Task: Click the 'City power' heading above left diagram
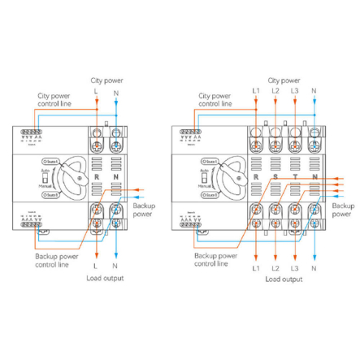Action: pos(106,80)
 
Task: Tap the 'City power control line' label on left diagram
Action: pos(54,100)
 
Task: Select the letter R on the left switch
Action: pos(97,176)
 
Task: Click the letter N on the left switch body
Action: pos(115,176)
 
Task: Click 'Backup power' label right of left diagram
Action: pos(143,210)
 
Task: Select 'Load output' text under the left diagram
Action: pos(106,279)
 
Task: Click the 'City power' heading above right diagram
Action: pos(284,80)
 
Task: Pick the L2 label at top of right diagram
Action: pos(275,90)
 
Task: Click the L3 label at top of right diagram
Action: pos(294,90)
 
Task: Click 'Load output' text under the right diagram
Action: pos(284,279)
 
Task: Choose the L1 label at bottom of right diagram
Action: pos(256,267)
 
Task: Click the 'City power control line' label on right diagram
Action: pos(215,100)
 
